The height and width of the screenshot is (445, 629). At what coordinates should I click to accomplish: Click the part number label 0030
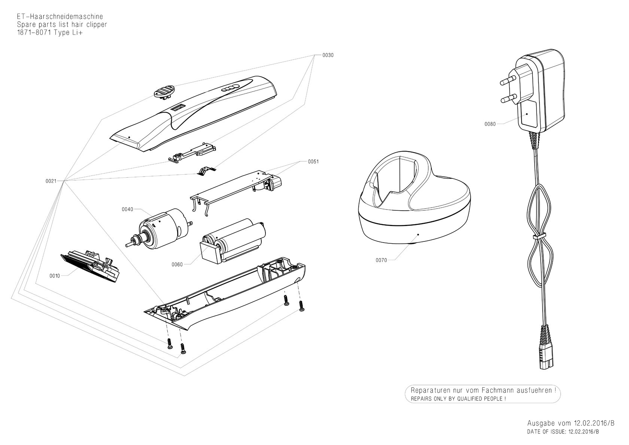click(x=328, y=55)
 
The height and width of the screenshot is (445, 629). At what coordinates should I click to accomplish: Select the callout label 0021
click(x=51, y=181)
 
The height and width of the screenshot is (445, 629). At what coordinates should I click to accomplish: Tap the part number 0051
click(x=313, y=162)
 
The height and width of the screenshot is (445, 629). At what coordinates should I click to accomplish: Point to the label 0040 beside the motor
click(x=127, y=210)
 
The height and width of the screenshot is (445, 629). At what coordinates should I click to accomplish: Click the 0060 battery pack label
click(x=177, y=265)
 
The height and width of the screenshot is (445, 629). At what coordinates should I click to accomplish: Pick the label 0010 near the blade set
click(x=55, y=276)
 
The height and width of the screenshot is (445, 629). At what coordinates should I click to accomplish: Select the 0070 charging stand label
click(x=381, y=260)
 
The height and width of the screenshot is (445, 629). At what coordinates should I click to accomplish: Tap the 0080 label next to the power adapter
click(x=490, y=124)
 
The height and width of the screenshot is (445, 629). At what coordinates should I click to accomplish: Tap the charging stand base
click(x=414, y=198)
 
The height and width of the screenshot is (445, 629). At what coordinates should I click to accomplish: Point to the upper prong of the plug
click(x=509, y=82)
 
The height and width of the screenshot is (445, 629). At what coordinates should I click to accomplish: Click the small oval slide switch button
click(x=164, y=91)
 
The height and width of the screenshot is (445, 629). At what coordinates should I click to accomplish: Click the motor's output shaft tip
click(x=127, y=245)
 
